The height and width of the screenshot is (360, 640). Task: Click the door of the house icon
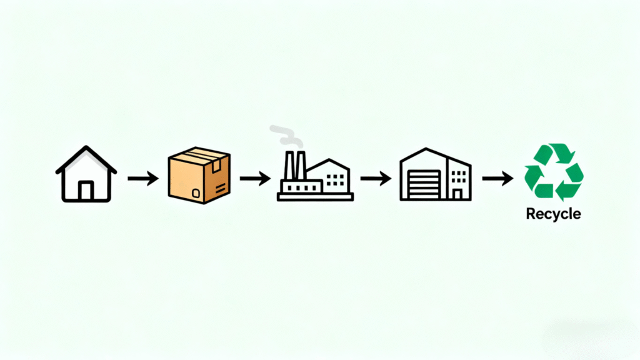86,190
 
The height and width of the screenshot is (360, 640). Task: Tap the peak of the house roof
86,148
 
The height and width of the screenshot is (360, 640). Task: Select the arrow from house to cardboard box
142,179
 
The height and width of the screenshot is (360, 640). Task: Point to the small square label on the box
195,192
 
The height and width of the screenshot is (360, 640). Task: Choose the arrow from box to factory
254,179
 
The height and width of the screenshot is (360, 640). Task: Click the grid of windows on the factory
336,179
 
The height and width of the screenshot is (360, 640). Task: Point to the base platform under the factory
315,196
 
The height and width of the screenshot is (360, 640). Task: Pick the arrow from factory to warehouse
375,179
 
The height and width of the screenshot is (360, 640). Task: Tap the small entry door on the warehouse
457,193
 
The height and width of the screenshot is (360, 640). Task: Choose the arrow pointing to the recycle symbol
497,179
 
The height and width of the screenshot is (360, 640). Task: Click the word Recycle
553,214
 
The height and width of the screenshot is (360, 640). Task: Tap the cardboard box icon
199,175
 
